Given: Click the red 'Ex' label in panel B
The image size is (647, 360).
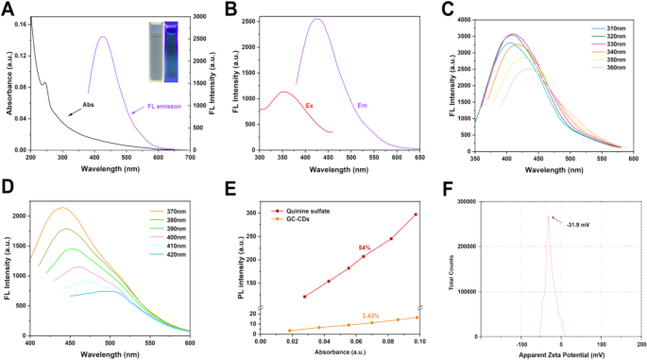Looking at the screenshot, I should [x=309, y=105].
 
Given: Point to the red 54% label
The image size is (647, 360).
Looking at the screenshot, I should [x=364, y=248].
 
